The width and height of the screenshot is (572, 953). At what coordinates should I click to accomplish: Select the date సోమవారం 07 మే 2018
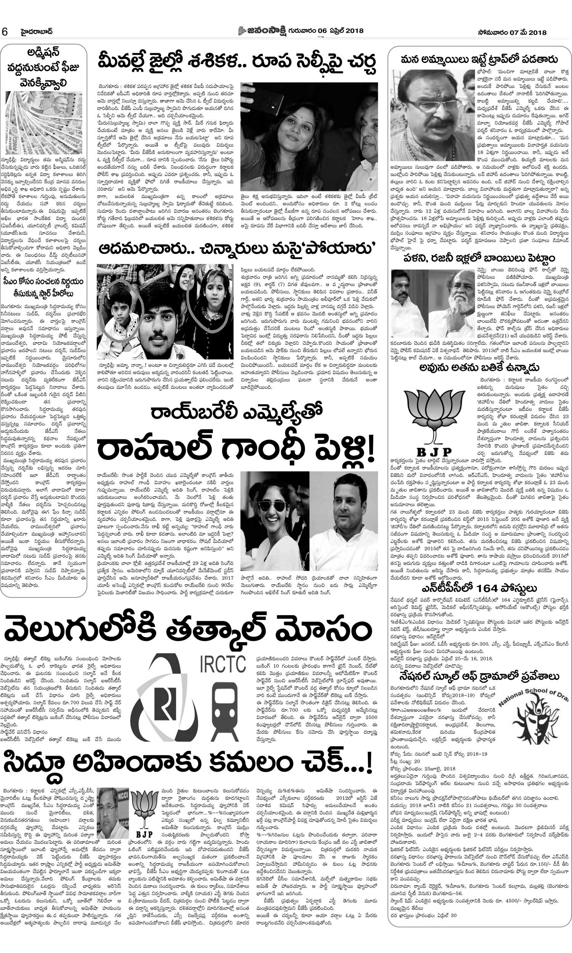point(511,32)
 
